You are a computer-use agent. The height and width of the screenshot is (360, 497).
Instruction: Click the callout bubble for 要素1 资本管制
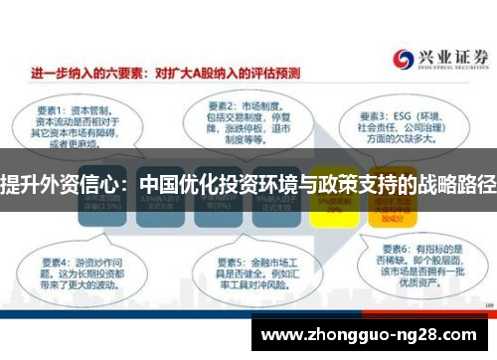tap(69, 125)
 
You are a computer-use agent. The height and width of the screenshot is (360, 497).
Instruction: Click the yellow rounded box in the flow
tap(332, 206)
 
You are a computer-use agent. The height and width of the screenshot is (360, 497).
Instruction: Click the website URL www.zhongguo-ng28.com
tap(373, 332)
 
